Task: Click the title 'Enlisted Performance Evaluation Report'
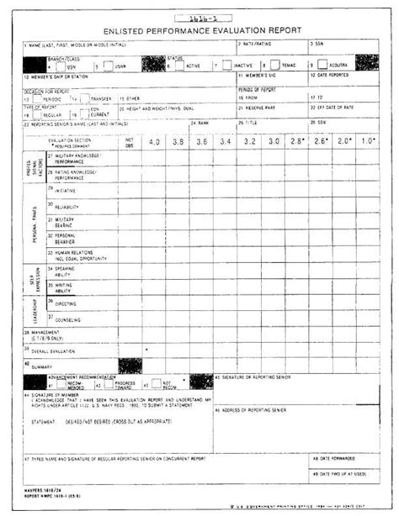pyautogui.click(x=200, y=28)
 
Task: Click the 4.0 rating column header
pyautogui.click(x=153, y=142)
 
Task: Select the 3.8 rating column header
pyautogui.click(x=178, y=142)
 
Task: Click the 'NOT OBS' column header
pyautogui.click(x=129, y=142)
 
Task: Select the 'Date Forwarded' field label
pyautogui.click(x=333, y=459)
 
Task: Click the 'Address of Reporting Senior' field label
pyautogui.click(x=258, y=409)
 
